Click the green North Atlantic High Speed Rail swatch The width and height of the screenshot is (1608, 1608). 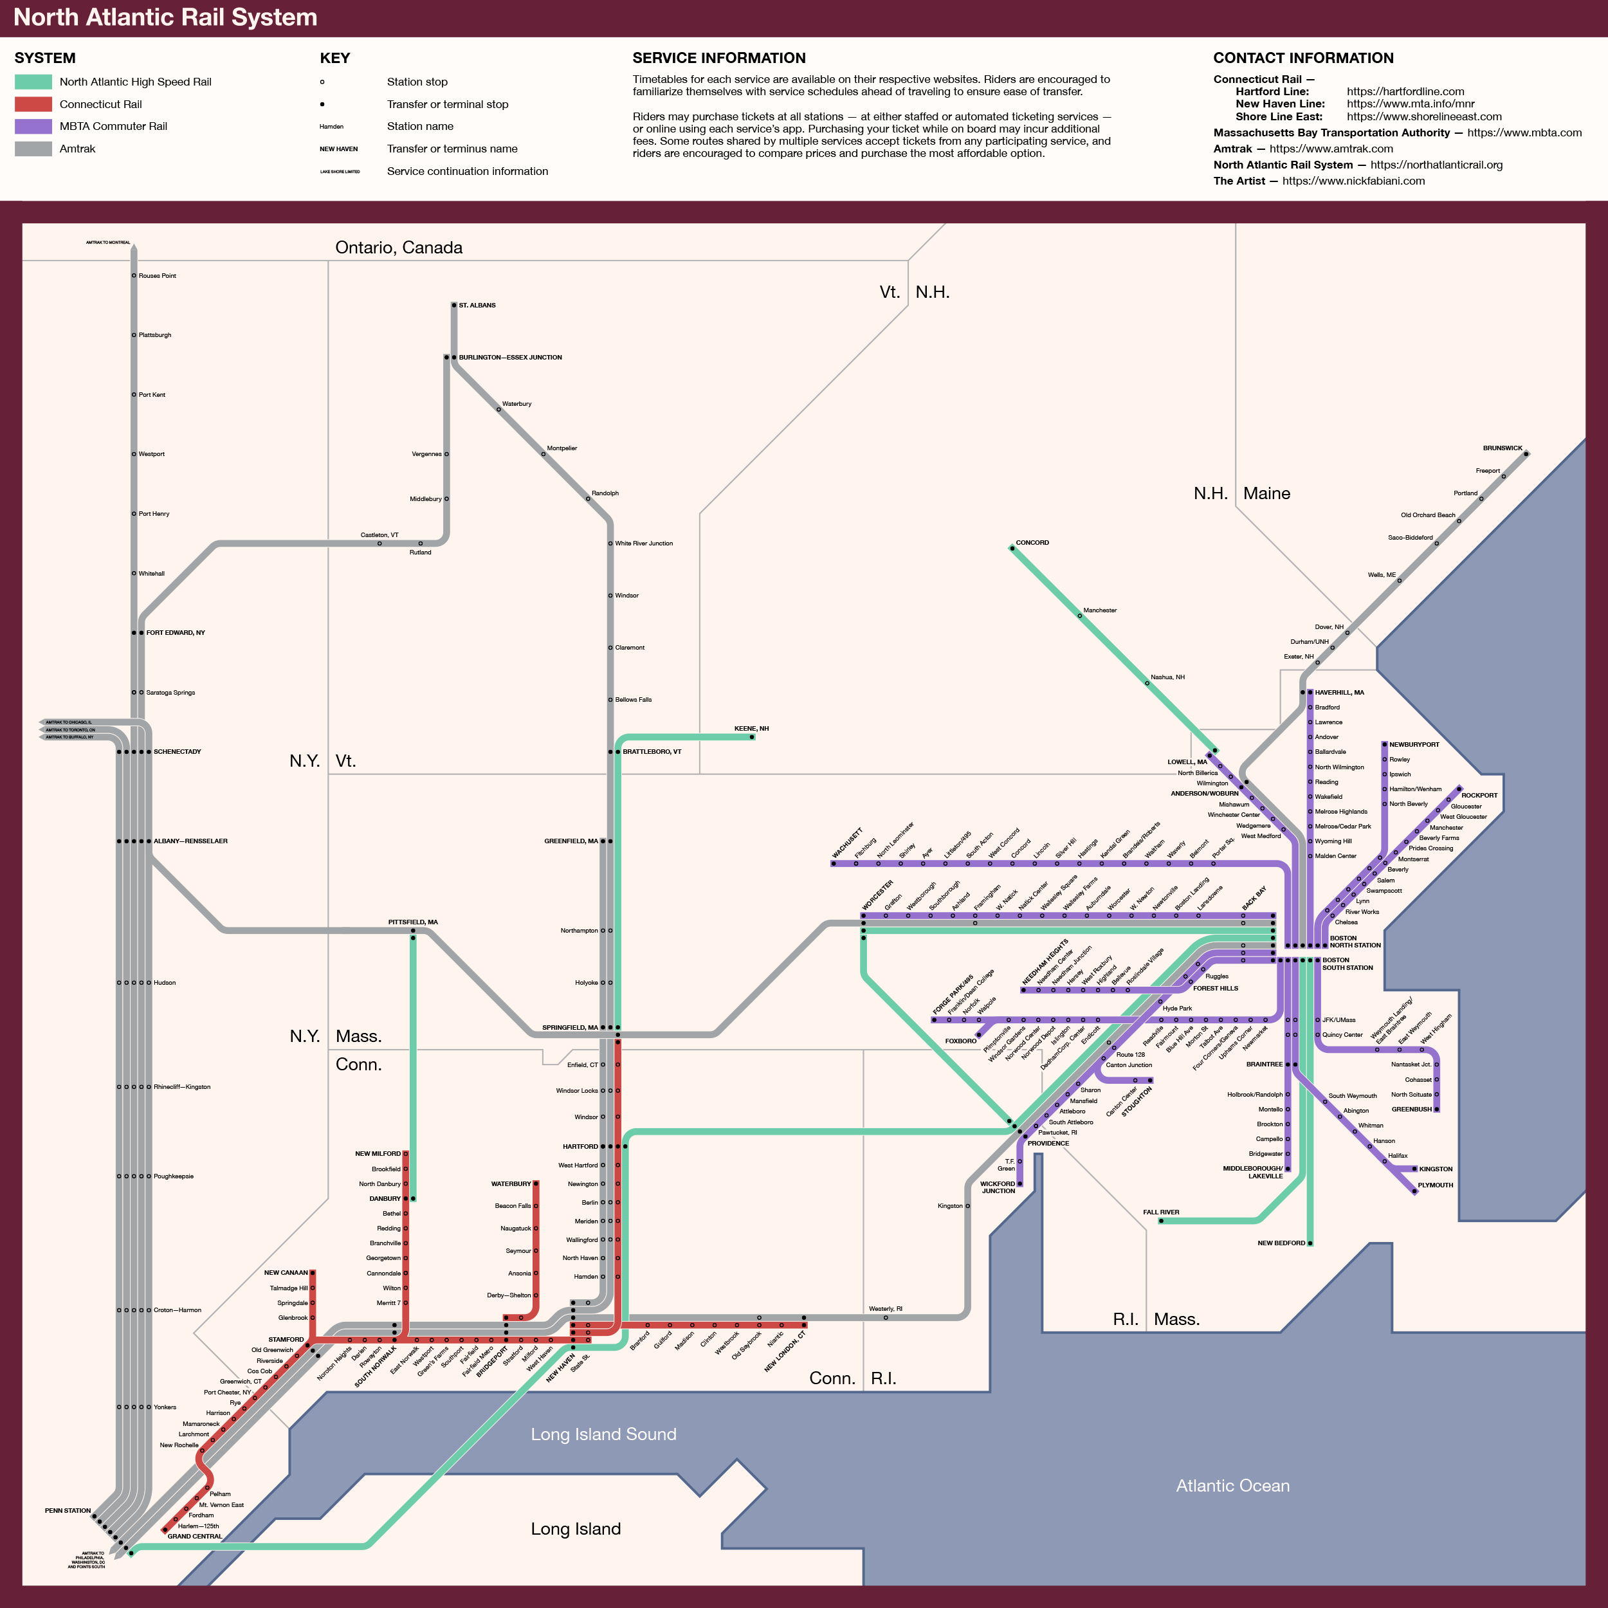(x=33, y=82)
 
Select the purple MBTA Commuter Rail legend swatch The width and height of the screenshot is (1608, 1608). (x=33, y=127)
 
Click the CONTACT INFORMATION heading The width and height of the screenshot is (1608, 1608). (x=1302, y=59)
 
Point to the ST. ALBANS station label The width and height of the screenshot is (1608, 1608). (x=477, y=306)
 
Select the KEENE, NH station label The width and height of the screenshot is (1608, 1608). (x=751, y=728)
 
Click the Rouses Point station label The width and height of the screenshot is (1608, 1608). (x=158, y=275)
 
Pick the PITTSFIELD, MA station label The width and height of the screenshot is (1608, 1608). (x=413, y=922)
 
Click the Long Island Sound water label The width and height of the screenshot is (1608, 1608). (x=603, y=1434)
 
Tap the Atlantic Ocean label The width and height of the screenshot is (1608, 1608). (x=1232, y=1486)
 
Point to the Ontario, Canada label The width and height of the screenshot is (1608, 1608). (x=399, y=247)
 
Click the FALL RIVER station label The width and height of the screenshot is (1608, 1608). (x=1160, y=1212)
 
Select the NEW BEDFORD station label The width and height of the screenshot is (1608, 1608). (x=1281, y=1243)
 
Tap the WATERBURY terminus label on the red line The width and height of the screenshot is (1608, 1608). (x=510, y=1183)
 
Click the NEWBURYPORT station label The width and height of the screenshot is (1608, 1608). (x=1413, y=744)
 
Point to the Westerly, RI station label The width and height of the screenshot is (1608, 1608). (x=885, y=1308)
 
